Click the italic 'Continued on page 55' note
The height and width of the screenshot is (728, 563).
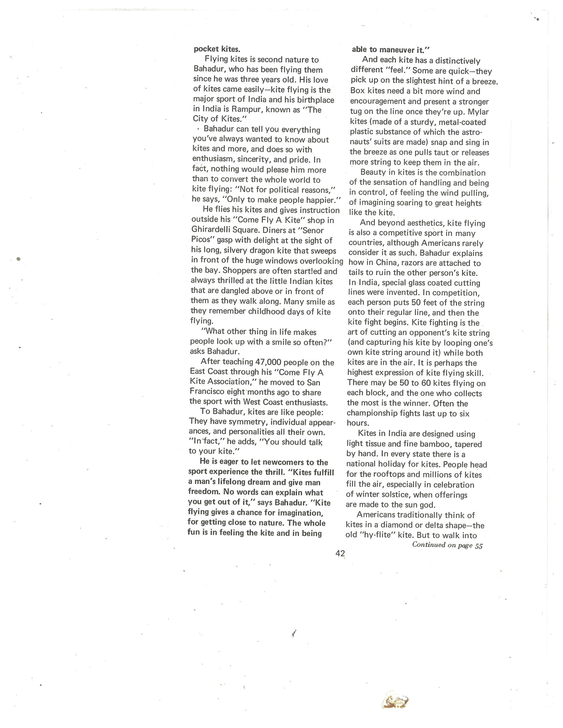447,545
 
